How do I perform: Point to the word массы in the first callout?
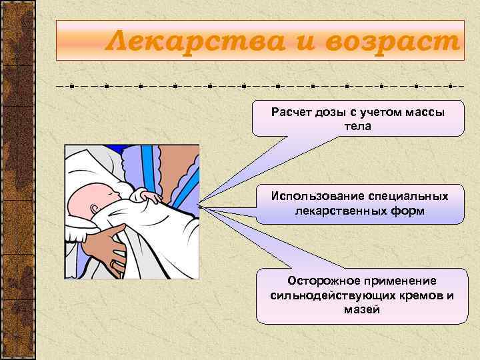(x=425, y=111)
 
